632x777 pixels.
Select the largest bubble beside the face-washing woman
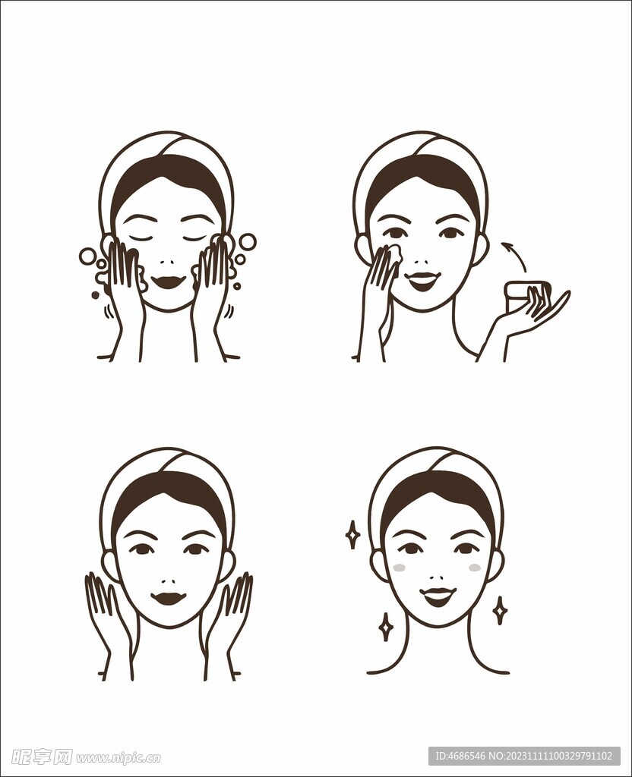[247, 242]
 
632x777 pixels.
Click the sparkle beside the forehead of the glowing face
[352, 534]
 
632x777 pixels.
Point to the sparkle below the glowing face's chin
[386, 627]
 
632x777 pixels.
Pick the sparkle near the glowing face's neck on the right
[500, 610]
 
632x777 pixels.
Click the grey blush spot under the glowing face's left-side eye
[399, 568]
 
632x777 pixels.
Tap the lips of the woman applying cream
[423, 280]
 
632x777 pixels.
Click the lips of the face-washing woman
[168, 282]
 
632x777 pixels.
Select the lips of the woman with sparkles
[438, 596]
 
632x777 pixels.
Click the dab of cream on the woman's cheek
[394, 253]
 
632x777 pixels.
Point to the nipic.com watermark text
[118, 757]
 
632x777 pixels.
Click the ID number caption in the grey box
[524, 756]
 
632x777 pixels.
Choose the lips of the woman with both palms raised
[168, 598]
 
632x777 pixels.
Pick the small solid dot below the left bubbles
[96, 295]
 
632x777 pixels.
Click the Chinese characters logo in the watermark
[42, 757]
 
